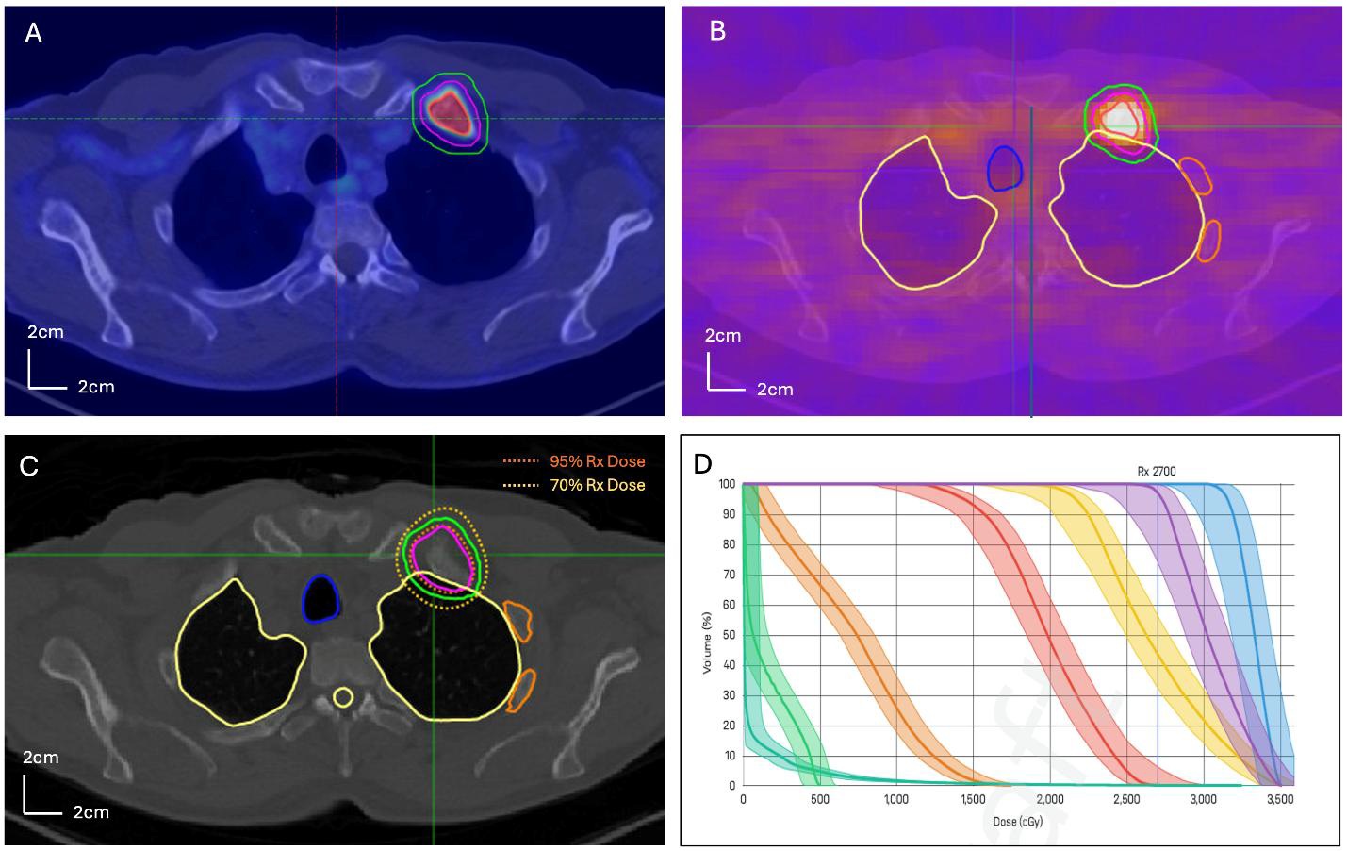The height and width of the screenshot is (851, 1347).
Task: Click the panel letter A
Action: [x=33, y=34]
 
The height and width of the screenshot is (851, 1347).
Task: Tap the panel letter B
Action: [x=717, y=31]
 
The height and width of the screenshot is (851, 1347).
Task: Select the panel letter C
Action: [x=29, y=466]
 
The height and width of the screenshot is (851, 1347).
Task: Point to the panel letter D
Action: [x=703, y=463]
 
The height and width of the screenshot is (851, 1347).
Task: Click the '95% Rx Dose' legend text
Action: [x=598, y=461]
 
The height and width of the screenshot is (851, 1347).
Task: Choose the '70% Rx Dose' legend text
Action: [x=598, y=485]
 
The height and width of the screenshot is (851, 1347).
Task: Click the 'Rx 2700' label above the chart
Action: [x=1157, y=472]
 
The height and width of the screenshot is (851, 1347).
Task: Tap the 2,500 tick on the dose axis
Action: [x=1126, y=799]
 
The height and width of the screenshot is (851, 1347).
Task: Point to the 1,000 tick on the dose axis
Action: [x=895, y=799]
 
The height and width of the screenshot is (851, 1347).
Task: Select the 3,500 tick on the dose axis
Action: [x=1279, y=799]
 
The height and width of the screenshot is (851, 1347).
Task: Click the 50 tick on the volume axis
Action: [x=728, y=635]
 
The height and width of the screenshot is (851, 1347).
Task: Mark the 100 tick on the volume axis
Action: [x=726, y=484]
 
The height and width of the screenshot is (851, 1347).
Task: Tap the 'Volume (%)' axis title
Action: [x=707, y=642]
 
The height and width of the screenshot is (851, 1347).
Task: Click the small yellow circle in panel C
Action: [x=343, y=698]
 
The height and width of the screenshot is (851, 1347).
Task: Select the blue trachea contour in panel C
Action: [x=320, y=598]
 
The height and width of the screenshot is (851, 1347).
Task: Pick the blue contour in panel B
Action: [x=1005, y=168]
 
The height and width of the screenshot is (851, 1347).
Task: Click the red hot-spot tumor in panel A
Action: [x=452, y=111]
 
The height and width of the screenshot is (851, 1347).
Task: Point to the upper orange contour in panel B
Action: [x=1196, y=175]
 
